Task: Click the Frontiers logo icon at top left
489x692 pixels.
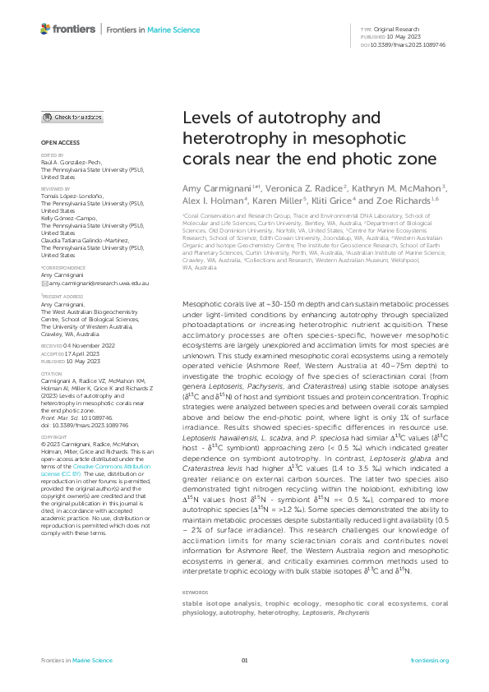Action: tap(45, 29)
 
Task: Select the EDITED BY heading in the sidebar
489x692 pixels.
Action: tap(51, 155)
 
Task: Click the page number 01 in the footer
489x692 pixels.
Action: tap(244, 660)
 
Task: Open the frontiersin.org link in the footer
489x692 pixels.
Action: tap(429, 660)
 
